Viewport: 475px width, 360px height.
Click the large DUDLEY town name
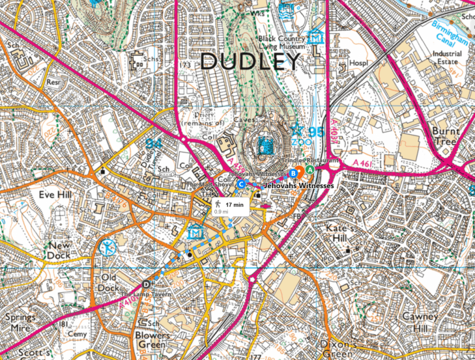[x=250, y=62]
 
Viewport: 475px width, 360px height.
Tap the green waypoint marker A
[x=310, y=169]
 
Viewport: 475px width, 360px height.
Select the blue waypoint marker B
[x=293, y=173]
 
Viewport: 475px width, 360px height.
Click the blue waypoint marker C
[x=241, y=184]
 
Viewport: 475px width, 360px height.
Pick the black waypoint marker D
[x=145, y=284]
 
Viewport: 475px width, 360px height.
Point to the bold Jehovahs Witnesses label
[x=298, y=186]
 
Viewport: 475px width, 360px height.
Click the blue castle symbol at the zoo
[x=266, y=145]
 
